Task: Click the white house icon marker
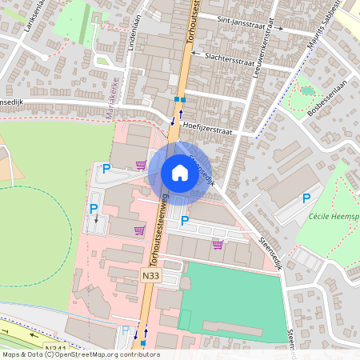tap(179, 172)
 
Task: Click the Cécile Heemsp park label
tap(333, 217)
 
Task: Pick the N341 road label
tap(55, 348)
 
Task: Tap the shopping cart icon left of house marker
tap(141, 166)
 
